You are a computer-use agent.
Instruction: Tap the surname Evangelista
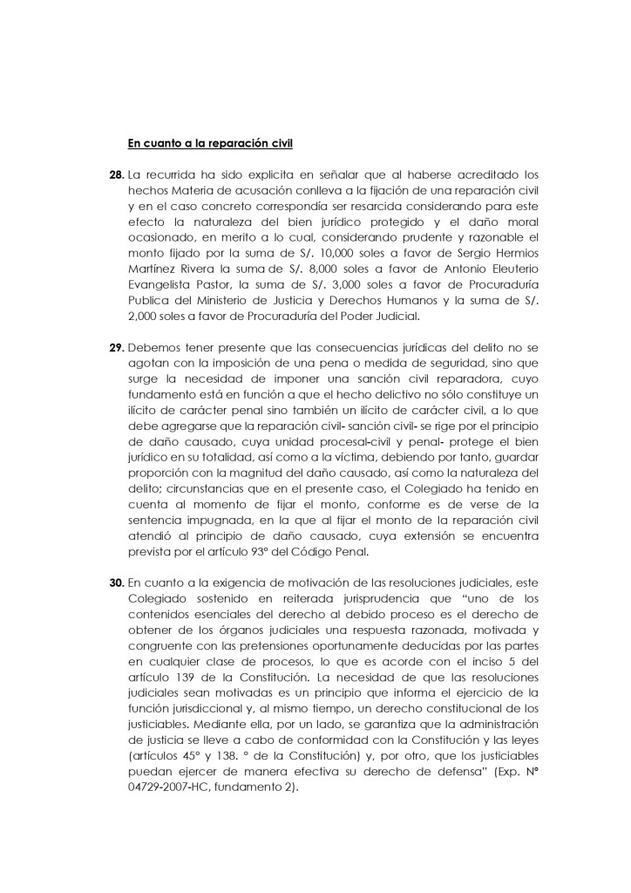tap(161, 297)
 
